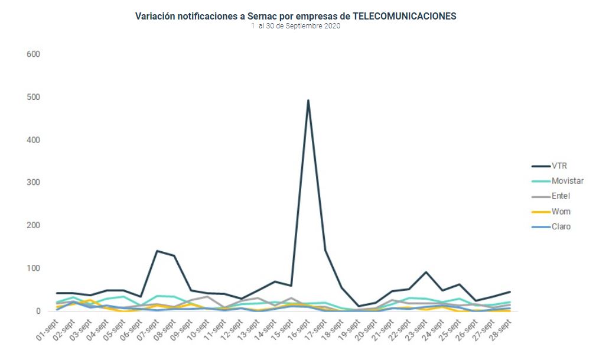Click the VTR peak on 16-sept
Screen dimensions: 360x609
(308, 100)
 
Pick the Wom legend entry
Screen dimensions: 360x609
(561, 212)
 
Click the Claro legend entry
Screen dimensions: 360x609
(561, 227)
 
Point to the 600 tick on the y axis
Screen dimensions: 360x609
(33, 54)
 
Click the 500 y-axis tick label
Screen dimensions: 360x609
(33, 97)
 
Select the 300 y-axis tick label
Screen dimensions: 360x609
(33, 183)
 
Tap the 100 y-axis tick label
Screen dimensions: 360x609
(33, 268)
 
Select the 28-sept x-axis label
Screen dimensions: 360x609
(500, 333)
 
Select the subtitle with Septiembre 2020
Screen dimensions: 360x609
(295, 26)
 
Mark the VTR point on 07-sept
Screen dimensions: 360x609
(157, 251)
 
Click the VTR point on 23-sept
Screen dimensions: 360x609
(426, 272)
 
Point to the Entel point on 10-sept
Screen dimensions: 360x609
(207, 296)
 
